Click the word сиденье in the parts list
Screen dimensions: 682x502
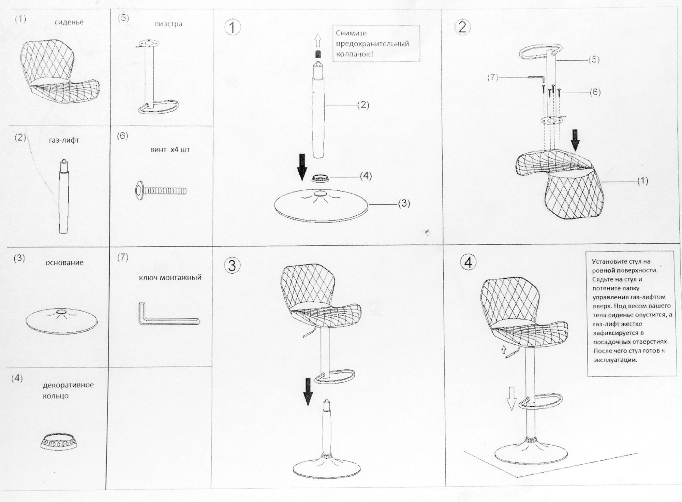pyautogui.click(x=69, y=23)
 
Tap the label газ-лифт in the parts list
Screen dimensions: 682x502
pyautogui.click(x=64, y=140)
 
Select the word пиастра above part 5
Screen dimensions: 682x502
pyautogui.click(x=168, y=24)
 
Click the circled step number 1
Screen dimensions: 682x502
pyautogui.click(x=233, y=28)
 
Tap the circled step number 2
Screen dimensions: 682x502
pyautogui.click(x=462, y=27)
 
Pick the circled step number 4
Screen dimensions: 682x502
pyautogui.click(x=469, y=262)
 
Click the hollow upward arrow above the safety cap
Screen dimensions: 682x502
pyautogui.click(x=318, y=41)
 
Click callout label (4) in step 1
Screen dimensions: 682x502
pyautogui.click(x=366, y=176)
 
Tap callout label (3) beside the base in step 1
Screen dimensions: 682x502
pyautogui.click(x=404, y=203)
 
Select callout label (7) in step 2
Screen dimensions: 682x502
pyautogui.click(x=493, y=78)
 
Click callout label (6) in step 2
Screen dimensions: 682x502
pyautogui.click(x=595, y=92)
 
